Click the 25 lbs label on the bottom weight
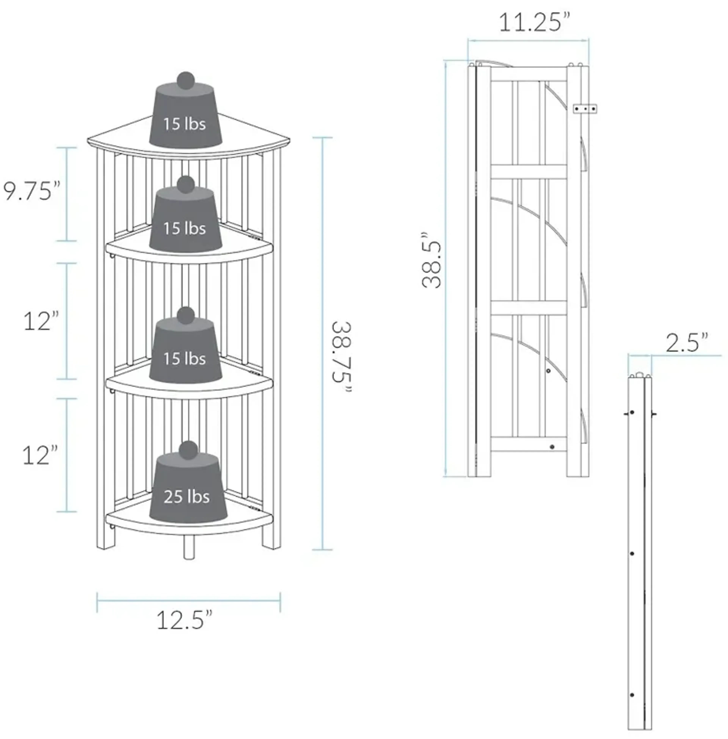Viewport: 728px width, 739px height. [x=187, y=497]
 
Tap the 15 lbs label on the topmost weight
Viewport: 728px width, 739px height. [x=185, y=124]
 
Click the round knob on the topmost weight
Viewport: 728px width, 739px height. [x=186, y=81]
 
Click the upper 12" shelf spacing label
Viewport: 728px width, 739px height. [x=41, y=321]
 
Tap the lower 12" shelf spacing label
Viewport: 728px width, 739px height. [x=41, y=455]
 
